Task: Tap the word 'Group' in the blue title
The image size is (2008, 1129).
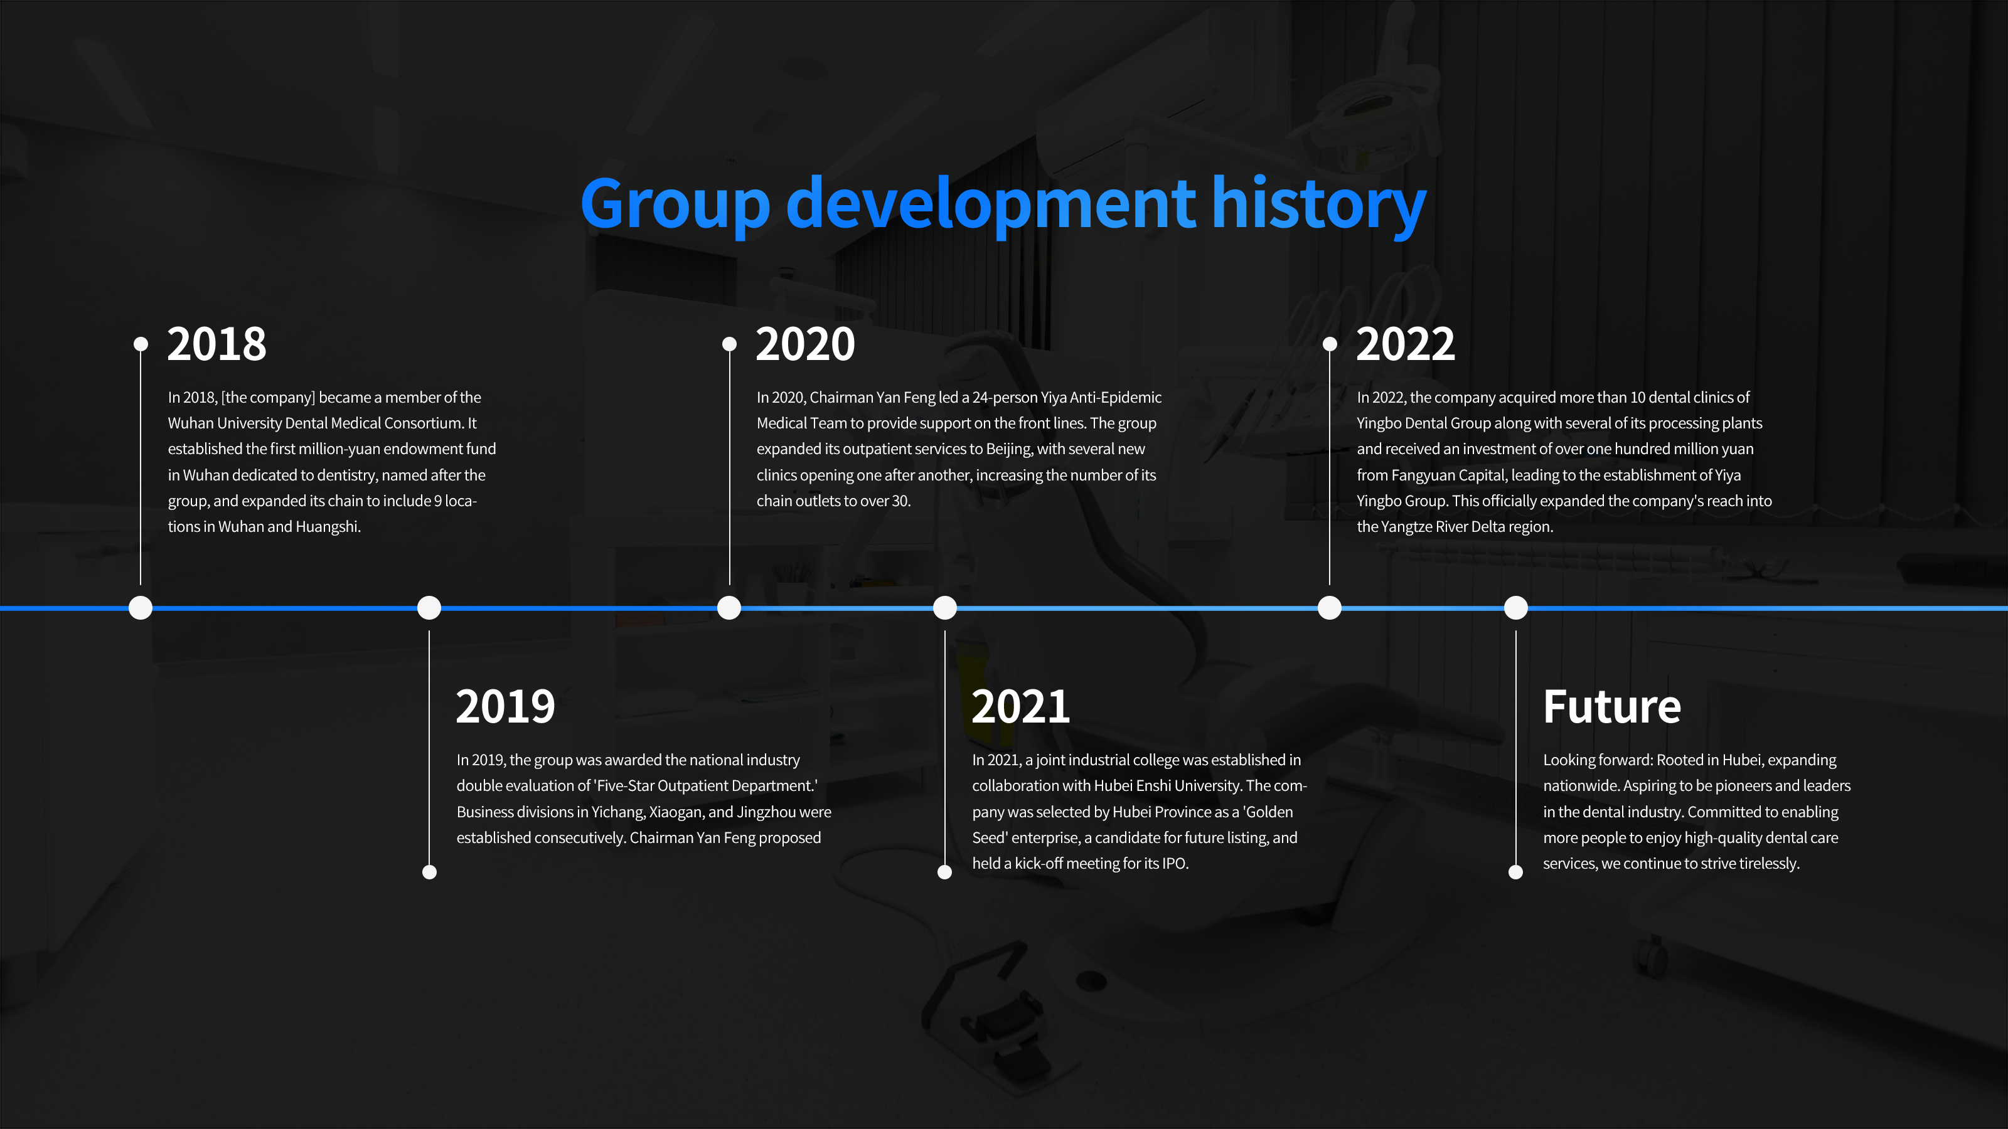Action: click(675, 204)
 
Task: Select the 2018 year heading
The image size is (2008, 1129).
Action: click(216, 344)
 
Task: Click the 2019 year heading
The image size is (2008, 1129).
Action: click(505, 707)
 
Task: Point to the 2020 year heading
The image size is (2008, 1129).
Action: click(805, 344)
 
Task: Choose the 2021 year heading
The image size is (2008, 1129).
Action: click(1020, 707)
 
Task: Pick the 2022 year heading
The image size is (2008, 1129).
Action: click(1406, 344)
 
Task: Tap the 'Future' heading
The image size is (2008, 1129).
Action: click(1612, 707)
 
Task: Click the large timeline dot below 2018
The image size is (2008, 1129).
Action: click(141, 608)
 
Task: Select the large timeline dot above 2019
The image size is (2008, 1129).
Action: click(429, 608)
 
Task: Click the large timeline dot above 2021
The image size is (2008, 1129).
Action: click(945, 608)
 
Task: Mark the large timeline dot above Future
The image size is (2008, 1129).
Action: click(1516, 608)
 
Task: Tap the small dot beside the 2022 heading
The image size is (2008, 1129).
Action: click(1330, 344)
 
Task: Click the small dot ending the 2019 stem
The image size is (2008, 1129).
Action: click(429, 872)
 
